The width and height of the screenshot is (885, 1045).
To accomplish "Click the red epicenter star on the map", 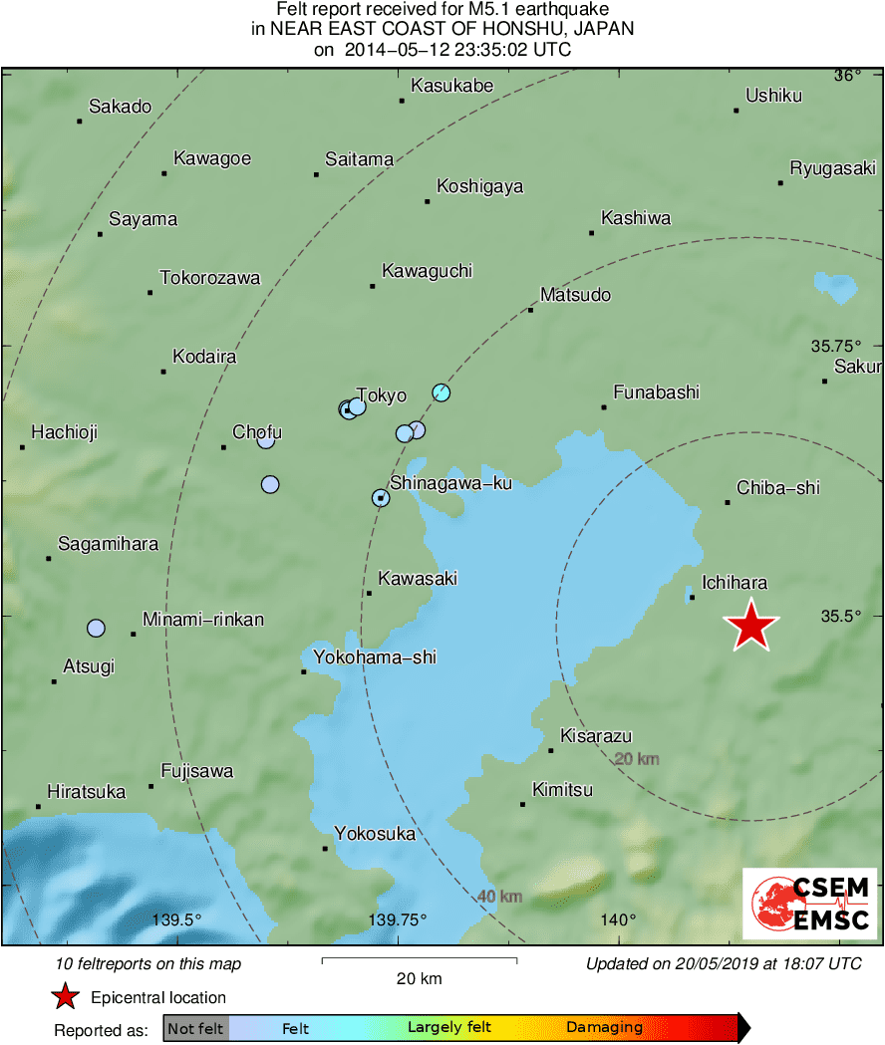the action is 751,627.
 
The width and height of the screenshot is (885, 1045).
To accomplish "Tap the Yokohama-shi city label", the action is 375,657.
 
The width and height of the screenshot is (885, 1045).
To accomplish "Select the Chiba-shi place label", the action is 778,488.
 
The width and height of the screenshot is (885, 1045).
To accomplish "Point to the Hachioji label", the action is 65,432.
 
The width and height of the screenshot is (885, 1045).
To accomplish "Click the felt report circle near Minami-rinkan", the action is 96,628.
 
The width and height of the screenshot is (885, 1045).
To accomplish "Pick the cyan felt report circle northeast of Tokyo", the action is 442,392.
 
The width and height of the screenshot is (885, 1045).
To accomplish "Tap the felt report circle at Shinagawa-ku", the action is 381,498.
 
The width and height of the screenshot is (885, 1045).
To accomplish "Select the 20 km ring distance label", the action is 637,759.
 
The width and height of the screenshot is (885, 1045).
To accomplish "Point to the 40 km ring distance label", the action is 499,897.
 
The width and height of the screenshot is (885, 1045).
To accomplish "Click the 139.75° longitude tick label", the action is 398,919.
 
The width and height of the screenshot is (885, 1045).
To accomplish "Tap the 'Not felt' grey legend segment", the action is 196,1028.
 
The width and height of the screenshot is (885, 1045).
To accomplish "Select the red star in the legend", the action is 65,996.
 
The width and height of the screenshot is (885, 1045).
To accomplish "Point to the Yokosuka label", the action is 375,834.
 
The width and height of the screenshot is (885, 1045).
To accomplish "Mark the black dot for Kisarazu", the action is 551,750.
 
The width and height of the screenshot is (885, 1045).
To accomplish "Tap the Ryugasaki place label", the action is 833,168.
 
